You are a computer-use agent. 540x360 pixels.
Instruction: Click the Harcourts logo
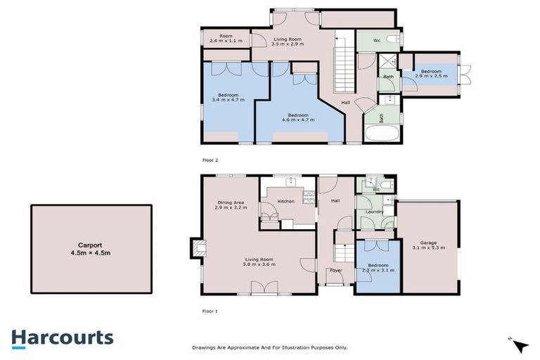62,337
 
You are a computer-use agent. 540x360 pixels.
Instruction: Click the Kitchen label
285,202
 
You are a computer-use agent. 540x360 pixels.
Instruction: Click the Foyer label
335,270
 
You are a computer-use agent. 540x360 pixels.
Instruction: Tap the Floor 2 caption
210,160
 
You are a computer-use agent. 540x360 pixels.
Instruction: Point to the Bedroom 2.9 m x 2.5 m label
431,74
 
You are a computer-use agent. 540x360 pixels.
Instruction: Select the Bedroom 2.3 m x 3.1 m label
378,268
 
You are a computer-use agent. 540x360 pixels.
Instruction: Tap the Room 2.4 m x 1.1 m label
226,38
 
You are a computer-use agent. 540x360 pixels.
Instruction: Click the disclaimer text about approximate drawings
269,347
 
